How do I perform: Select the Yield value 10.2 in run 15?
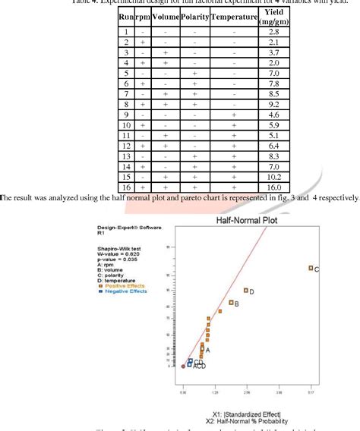click(x=275, y=175)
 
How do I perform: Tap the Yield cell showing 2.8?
click(x=275, y=32)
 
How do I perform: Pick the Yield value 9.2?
click(x=275, y=103)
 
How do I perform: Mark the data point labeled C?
click(x=310, y=268)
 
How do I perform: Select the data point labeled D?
click(x=245, y=290)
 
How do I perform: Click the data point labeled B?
click(x=231, y=303)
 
